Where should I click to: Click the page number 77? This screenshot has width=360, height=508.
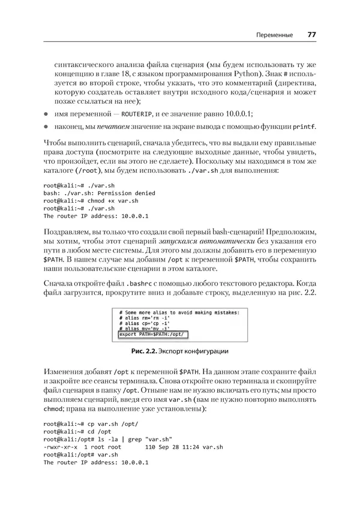tap(311, 35)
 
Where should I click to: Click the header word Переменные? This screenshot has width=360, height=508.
tap(274, 35)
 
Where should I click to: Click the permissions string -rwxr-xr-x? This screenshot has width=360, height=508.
tap(64, 447)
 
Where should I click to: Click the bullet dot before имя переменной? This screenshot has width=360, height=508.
tap(46, 114)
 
